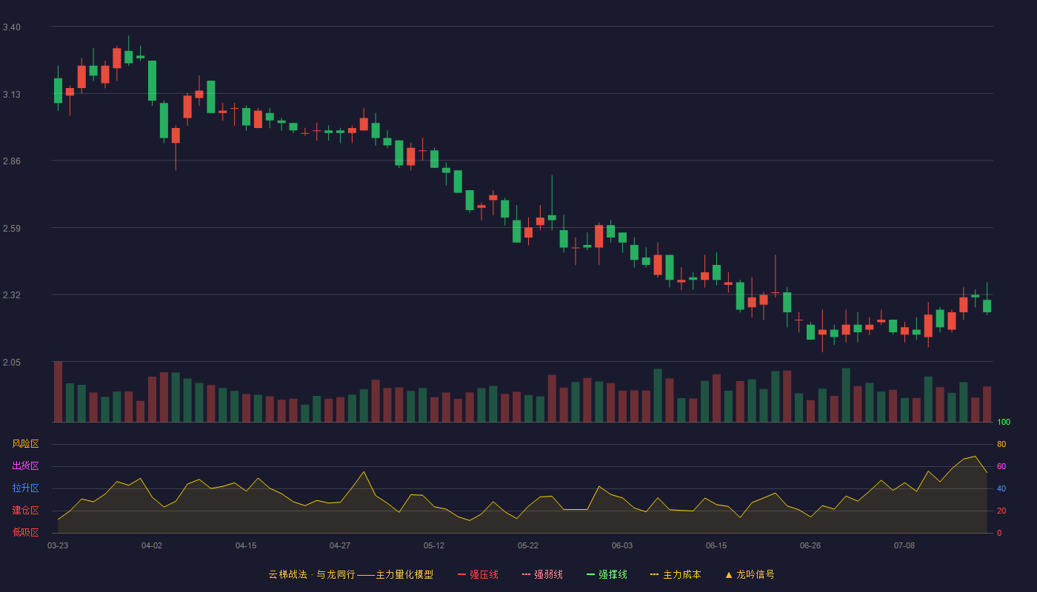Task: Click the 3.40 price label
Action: (x=12, y=27)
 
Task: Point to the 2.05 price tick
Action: (x=12, y=362)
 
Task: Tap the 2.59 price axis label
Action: (x=12, y=229)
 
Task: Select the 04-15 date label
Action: (x=246, y=546)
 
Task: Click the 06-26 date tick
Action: (x=810, y=546)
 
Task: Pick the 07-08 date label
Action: (x=904, y=546)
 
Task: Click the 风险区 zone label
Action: (x=25, y=444)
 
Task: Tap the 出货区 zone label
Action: (x=25, y=465)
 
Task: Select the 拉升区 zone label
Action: (x=25, y=488)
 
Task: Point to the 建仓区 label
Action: (x=25, y=510)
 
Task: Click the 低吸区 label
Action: (x=25, y=532)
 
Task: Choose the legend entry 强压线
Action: (x=479, y=574)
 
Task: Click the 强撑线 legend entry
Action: (x=607, y=574)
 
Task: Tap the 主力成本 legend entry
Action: (x=676, y=574)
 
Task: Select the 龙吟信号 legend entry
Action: (x=750, y=574)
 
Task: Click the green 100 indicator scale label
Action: (x=1004, y=422)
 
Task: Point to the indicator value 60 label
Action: (x=1001, y=466)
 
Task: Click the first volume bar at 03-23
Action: (x=58, y=391)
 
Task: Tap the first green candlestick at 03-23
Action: (x=58, y=90)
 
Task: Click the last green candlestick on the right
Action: (x=987, y=306)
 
